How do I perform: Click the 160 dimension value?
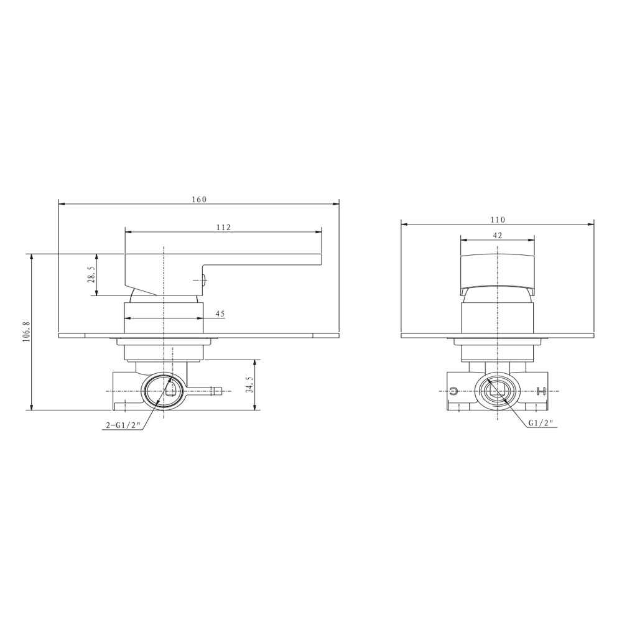point(199,200)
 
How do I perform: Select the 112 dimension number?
point(223,227)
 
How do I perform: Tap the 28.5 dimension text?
point(91,274)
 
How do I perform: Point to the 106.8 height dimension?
point(26,332)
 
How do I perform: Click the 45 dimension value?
point(220,313)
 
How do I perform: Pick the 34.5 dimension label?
point(249,384)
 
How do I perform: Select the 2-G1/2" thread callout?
point(123,425)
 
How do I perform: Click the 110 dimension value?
point(498,220)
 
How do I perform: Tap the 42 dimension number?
point(497,235)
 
